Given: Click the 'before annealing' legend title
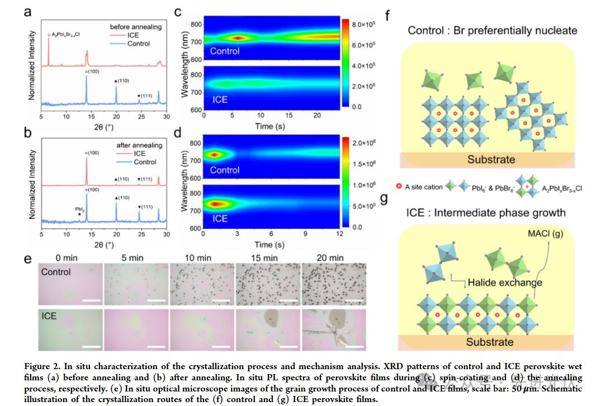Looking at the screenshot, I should (x=135, y=26).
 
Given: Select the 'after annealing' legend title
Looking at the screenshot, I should (x=139, y=145).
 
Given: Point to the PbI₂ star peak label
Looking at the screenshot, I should (x=80, y=211).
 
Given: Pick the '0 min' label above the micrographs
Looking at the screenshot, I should (x=67, y=257).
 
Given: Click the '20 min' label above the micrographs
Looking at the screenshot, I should (x=330, y=257).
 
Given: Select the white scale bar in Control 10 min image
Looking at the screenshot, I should (x=221, y=302).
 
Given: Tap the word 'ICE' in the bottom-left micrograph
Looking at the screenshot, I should (x=50, y=316).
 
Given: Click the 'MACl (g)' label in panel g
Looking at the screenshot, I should (x=545, y=233).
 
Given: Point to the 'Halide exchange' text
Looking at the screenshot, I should (x=504, y=282).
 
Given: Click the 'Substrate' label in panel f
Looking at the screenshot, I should (x=491, y=159).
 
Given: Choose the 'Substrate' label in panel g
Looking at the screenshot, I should (x=490, y=341).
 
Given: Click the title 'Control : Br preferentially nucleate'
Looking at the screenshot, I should (x=493, y=30).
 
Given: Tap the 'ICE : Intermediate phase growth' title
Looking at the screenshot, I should (x=486, y=212).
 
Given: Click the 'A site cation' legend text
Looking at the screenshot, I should (x=424, y=187).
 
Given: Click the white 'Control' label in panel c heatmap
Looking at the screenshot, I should (x=225, y=51).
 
